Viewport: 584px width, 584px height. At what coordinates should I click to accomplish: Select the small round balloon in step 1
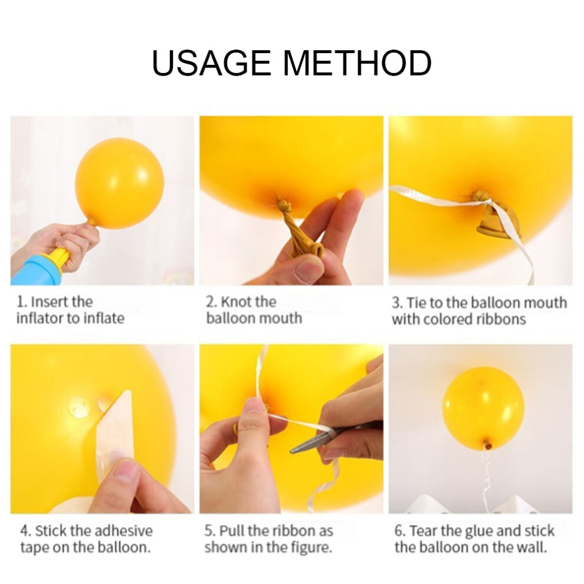119,182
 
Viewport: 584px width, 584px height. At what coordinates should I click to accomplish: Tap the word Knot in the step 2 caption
234,301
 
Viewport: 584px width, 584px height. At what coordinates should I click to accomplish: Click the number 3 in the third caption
396,303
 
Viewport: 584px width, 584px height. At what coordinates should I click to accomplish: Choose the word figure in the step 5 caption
311,547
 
